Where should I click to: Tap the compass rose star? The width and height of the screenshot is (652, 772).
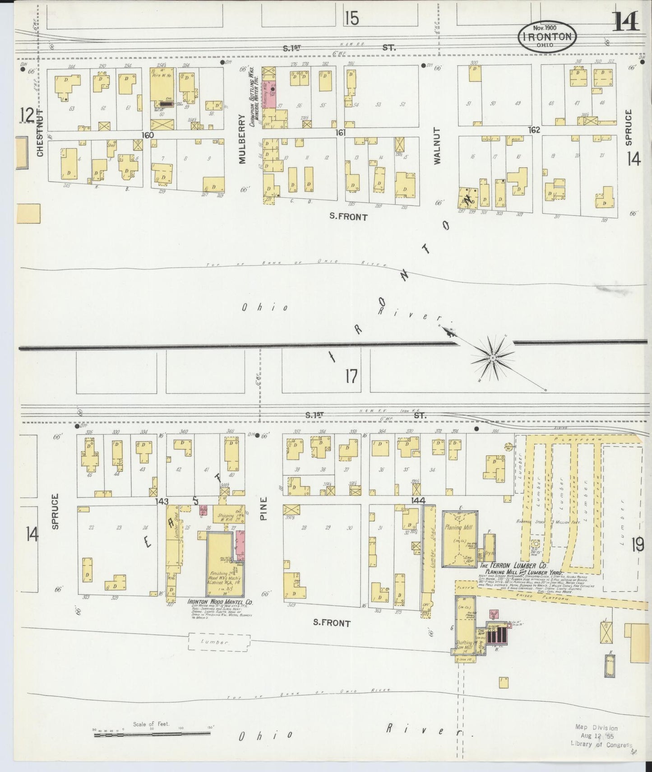(493, 358)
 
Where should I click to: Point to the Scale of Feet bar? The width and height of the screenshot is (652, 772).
(152, 735)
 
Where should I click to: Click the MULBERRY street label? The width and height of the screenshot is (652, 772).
(242, 139)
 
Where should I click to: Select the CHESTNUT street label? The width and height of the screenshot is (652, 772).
(40, 133)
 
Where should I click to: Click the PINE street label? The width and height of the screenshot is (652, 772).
(264, 508)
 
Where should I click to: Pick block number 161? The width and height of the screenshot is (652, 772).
(341, 133)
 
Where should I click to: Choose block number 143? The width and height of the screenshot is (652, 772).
(161, 501)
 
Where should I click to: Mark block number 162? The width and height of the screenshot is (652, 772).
(534, 130)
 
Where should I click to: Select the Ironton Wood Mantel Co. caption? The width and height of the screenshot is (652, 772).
(220, 602)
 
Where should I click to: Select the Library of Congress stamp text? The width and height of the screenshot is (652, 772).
(601, 744)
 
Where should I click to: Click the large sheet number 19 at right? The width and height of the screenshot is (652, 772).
(637, 545)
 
